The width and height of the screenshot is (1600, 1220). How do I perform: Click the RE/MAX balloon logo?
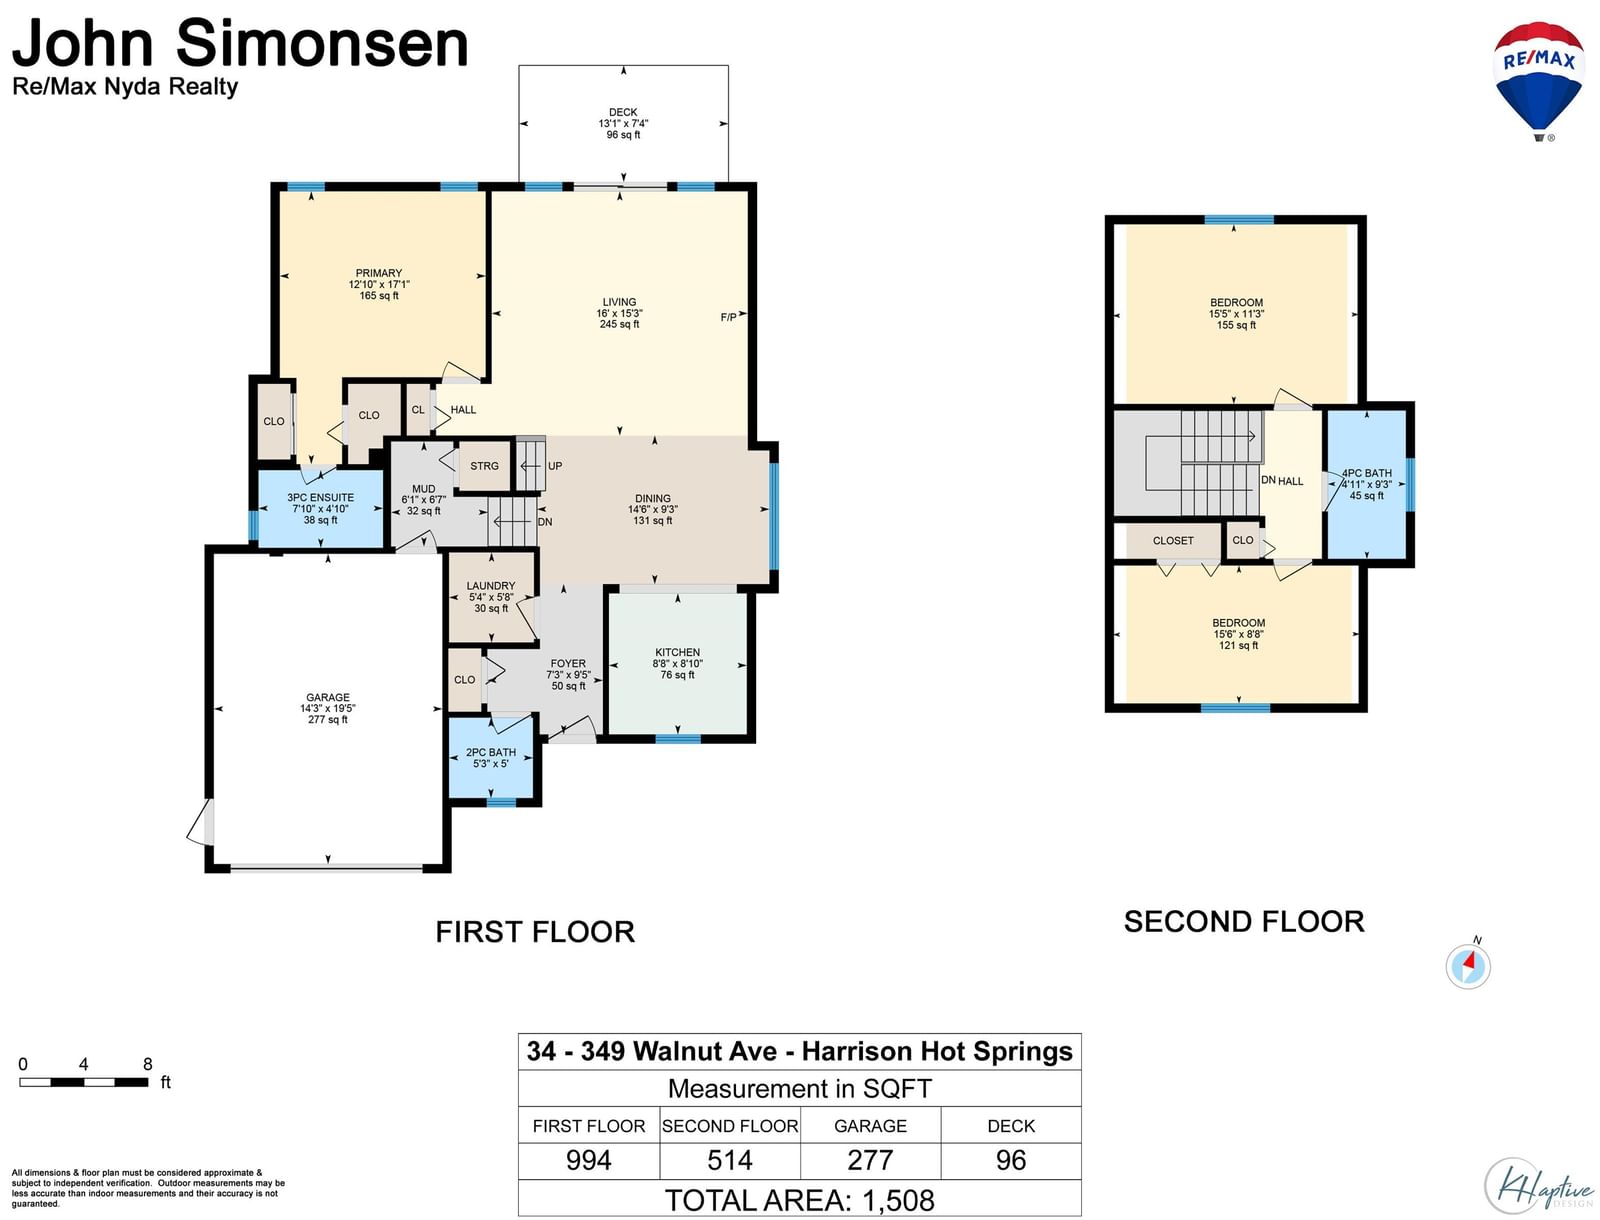pyautogui.click(x=1539, y=80)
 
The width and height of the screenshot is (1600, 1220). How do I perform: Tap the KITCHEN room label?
pyautogui.click(x=677, y=652)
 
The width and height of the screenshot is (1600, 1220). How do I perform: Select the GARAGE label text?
pyautogui.click(x=328, y=697)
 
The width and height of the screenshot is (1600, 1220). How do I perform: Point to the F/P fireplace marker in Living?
pyautogui.click(x=728, y=317)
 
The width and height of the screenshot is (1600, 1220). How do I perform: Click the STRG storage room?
pyautogui.click(x=484, y=466)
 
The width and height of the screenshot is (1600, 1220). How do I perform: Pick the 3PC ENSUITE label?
pyautogui.click(x=320, y=498)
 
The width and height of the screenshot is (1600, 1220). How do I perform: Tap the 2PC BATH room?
pyautogui.click(x=491, y=758)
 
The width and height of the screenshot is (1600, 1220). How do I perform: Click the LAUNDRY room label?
pyautogui.click(x=491, y=586)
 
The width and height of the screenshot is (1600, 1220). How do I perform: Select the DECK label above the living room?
pyautogui.click(x=623, y=112)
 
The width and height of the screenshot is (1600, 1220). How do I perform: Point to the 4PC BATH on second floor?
pyautogui.click(x=1366, y=484)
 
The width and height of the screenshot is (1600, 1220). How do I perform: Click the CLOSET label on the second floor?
pyautogui.click(x=1173, y=541)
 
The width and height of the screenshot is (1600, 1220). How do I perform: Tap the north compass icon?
pyautogui.click(x=1468, y=966)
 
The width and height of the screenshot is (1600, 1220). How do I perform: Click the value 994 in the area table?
pyautogui.click(x=588, y=1160)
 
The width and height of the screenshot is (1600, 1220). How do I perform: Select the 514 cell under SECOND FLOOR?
pyautogui.click(x=730, y=1160)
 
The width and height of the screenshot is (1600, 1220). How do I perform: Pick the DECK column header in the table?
pyautogui.click(x=1011, y=1126)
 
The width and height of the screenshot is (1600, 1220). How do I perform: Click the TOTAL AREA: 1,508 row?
pyautogui.click(x=800, y=1200)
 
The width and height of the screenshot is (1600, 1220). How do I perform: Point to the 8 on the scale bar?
pyautogui.click(x=148, y=1064)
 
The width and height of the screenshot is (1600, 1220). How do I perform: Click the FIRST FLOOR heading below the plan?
pyautogui.click(x=535, y=932)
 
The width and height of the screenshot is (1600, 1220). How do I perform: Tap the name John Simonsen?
pyautogui.click(x=240, y=43)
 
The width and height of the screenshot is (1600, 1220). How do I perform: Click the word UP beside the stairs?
pyautogui.click(x=555, y=466)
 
